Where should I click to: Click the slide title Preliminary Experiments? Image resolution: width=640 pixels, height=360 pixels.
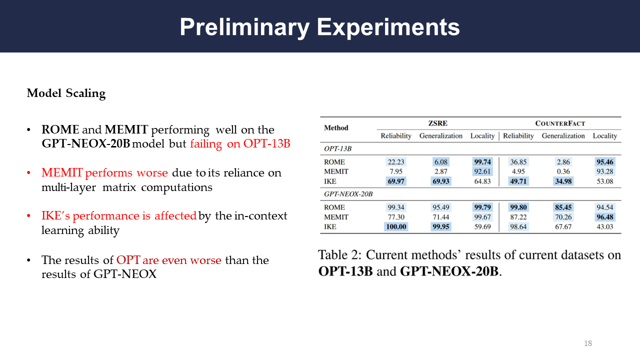click(x=319, y=27)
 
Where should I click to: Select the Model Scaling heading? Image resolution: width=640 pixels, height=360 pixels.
click(x=66, y=93)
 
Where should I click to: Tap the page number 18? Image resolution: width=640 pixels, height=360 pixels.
click(x=587, y=343)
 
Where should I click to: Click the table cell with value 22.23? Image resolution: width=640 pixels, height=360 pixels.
click(x=395, y=162)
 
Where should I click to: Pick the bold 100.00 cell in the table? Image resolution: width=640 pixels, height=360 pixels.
click(x=395, y=226)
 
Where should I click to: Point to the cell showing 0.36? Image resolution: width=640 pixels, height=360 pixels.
click(x=563, y=171)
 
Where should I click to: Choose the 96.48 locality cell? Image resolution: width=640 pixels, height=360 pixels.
click(x=604, y=217)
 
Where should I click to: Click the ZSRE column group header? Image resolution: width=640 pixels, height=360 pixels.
click(x=437, y=123)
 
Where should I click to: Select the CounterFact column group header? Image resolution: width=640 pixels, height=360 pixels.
click(x=560, y=123)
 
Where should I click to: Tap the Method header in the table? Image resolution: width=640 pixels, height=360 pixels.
click(x=336, y=127)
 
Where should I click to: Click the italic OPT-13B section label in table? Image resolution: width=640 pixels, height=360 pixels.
click(x=337, y=148)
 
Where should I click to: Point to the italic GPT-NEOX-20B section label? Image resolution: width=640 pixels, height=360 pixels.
click(x=348, y=194)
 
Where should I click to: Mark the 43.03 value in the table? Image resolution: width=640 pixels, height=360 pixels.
click(x=604, y=226)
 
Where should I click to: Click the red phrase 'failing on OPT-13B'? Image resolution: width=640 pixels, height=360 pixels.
click(x=240, y=143)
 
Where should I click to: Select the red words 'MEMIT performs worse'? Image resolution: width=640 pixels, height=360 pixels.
click(x=104, y=172)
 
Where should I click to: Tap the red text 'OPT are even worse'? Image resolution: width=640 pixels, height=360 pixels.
click(x=168, y=260)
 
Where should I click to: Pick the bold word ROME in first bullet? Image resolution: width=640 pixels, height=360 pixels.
click(x=60, y=129)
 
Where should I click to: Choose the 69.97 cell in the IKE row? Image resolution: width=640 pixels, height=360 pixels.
click(x=395, y=181)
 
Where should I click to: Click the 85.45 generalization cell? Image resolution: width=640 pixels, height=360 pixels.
click(x=563, y=207)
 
